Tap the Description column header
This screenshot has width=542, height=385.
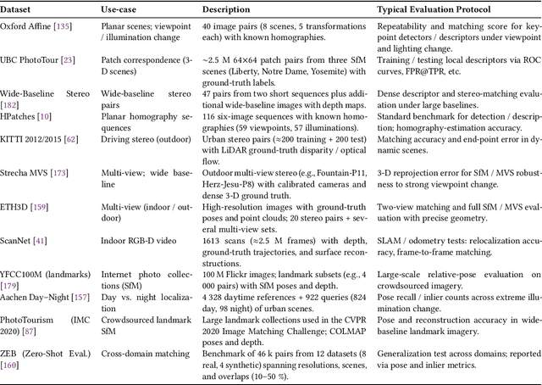tap(231, 9)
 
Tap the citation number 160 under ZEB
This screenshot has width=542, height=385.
tap(13, 365)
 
